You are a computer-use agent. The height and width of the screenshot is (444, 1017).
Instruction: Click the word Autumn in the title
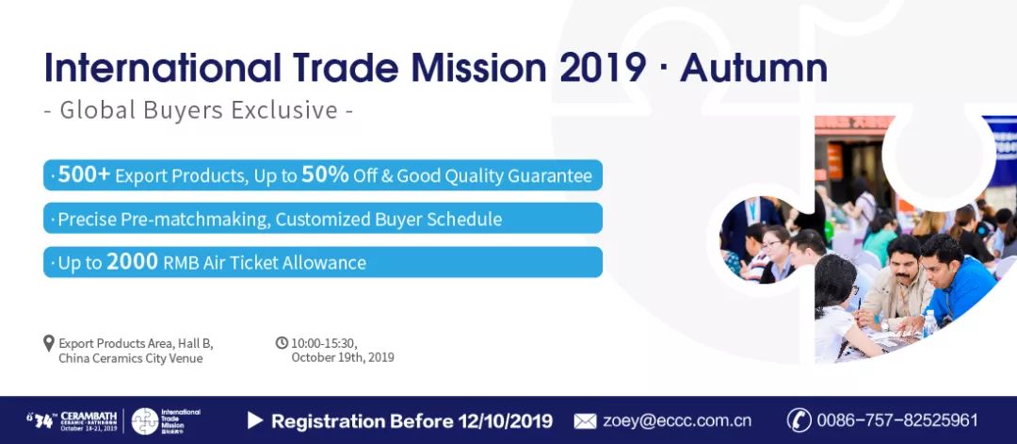click(753, 68)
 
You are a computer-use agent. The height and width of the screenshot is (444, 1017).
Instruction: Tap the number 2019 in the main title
click(604, 68)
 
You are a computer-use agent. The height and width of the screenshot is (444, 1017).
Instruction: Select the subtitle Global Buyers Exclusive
click(198, 110)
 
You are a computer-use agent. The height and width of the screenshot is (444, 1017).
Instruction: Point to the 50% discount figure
click(325, 174)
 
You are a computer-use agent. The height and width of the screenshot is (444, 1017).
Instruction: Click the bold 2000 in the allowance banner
click(133, 262)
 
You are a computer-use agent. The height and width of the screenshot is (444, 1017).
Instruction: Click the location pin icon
click(49, 343)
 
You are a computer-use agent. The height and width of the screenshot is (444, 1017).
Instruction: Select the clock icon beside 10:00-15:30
click(282, 342)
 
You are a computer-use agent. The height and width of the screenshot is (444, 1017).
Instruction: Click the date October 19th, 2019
click(343, 357)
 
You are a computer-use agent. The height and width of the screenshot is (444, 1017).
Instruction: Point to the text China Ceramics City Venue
click(130, 358)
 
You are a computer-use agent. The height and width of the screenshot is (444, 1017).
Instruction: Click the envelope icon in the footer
click(585, 421)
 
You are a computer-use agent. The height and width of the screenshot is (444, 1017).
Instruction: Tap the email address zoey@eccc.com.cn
click(677, 420)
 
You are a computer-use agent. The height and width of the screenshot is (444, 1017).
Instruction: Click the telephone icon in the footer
click(799, 420)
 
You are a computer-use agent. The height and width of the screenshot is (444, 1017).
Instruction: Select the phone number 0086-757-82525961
click(897, 420)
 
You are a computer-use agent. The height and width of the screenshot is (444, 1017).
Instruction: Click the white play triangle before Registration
click(255, 420)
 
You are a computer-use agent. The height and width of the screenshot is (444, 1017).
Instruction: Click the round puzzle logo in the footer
click(145, 421)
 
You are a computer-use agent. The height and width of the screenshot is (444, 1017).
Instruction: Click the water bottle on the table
click(930, 322)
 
